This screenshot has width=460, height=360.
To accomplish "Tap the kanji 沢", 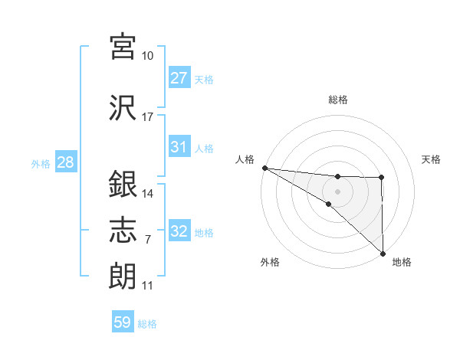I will pyautogui.click(x=123, y=106).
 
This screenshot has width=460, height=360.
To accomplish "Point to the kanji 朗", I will pyautogui.click(x=123, y=275).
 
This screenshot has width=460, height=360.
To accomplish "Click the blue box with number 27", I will pyautogui.click(x=179, y=78).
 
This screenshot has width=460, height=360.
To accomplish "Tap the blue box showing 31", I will pyautogui.click(x=179, y=147).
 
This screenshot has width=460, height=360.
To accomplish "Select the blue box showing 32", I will pyautogui.click(x=179, y=231).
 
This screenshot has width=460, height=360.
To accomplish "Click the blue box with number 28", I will pyautogui.click(x=65, y=162).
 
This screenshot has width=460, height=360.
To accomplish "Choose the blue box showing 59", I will pyautogui.click(x=123, y=322).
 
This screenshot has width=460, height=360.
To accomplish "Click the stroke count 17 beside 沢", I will pyautogui.click(x=148, y=117).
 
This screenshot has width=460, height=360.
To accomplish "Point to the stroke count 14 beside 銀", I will pyautogui.click(x=148, y=194).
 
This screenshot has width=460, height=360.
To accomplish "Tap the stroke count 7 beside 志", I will pyautogui.click(x=147, y=240).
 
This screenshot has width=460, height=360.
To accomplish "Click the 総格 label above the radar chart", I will pyautogui.click(x=338, y=100).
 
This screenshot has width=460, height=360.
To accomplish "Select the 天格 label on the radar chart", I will pyautogui.click(x=432, y=159).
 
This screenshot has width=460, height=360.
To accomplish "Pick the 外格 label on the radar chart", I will pyautogui.click(x=270, y=262).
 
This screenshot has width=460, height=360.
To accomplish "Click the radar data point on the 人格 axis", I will pyautogui.click(x=264, y=167).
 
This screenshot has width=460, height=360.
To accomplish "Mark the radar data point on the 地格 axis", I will pyautogui.click(x=383, y=253).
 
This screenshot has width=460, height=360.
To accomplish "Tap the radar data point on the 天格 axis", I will pyautogui.click(x=382, y=178).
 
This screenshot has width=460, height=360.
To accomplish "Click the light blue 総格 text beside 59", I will pyautogui.click(x=147, y=324).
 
